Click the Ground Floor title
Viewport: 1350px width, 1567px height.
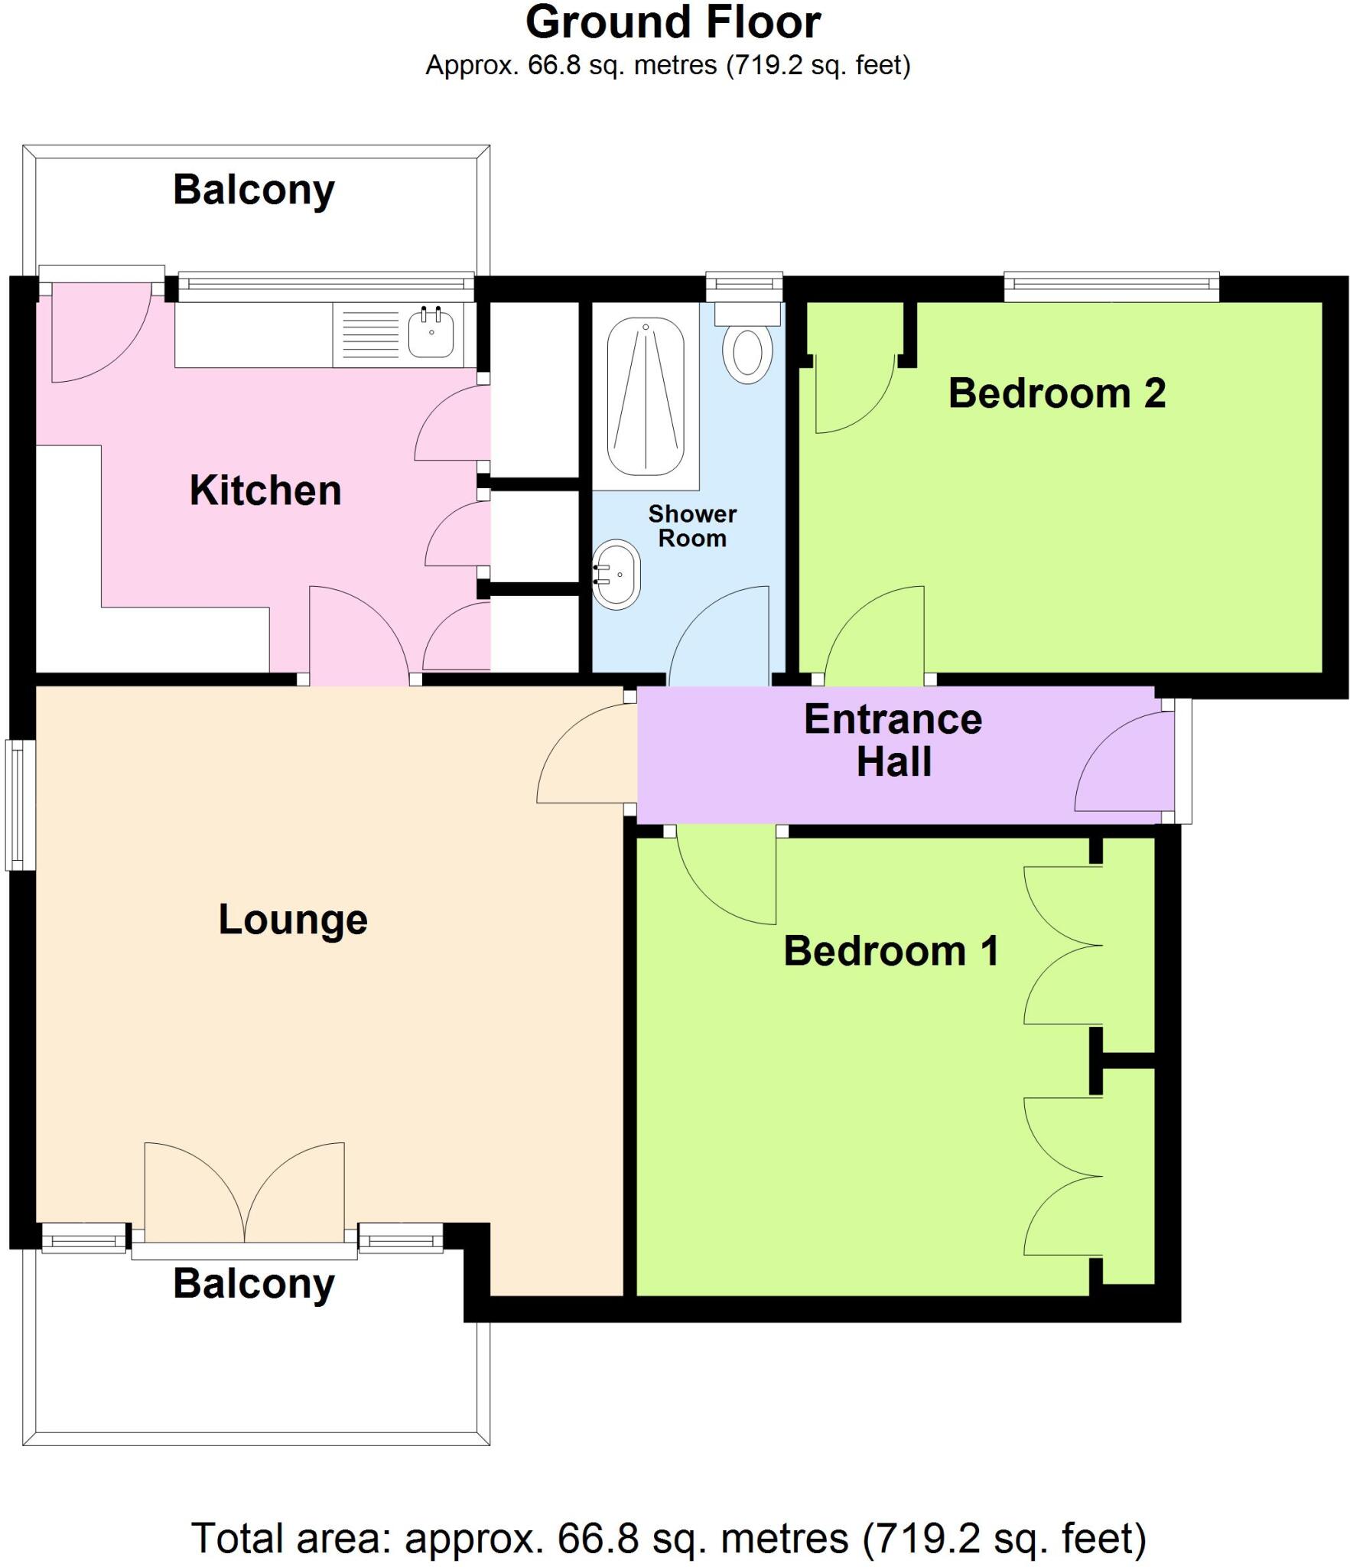673,23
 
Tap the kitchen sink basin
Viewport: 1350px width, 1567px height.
431,334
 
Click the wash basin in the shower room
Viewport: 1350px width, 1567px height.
617,574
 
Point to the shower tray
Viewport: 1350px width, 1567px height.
646,397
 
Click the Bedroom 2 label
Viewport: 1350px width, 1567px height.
1056,393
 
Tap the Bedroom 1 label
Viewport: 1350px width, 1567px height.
891,951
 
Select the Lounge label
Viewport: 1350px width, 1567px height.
293,919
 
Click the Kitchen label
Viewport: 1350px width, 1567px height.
265,490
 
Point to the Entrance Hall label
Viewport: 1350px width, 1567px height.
893,740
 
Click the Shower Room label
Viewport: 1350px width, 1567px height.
691,526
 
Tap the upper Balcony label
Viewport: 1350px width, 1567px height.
253,190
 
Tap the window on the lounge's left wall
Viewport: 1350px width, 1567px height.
18,804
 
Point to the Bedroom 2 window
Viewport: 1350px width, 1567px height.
1111,285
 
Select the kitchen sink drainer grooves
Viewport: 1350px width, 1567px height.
370,334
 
